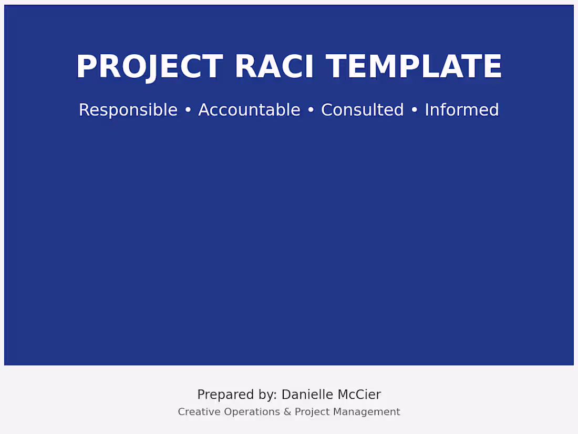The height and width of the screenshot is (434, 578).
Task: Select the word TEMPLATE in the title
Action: click(x=414, y=67)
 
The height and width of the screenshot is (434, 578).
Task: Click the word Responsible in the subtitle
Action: click(x=128, y=110)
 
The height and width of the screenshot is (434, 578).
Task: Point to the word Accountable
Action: click(x=249, y=110)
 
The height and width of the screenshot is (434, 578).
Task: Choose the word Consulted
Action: click(x=362, y=110)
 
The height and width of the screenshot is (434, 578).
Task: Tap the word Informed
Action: click(x=461, y=110)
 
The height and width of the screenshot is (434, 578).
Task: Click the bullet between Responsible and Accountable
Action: click(x=188, y=110)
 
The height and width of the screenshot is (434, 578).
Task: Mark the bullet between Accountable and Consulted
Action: click(x=311, y=110)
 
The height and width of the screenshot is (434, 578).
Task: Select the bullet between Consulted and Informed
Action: click(x=414, y=110)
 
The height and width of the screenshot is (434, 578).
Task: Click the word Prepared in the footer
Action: click(x=222, y=395)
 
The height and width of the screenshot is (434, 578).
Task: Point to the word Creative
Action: click(x=199, y=412)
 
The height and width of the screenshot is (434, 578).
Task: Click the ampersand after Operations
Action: click(x=287, y=412)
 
